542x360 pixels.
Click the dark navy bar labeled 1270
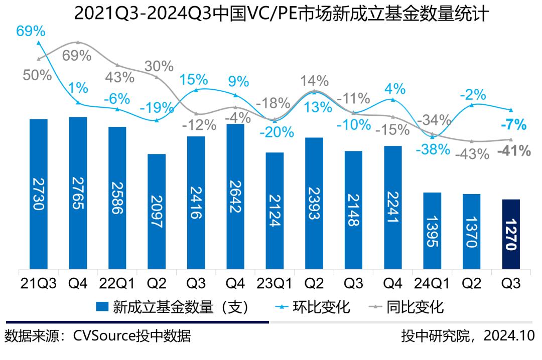click(x=510, y=234)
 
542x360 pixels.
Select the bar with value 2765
click(x=78, y=193)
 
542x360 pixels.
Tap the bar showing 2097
click(x=157, y=211)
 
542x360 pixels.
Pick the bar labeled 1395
click(x=432, y=231)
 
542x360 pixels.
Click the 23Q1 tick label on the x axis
click(x=275, y=283)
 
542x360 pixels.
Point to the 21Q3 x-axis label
click(x=39, y=283)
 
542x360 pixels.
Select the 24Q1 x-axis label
click(x=432, y=283)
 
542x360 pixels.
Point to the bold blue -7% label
click(x=512, y=124)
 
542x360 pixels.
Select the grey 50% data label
click(x=38, y=75)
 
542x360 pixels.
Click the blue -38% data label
click(x=433, y=149)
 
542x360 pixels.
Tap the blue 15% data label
click(x=194, y=79)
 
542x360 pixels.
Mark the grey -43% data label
click(x=472, y=154)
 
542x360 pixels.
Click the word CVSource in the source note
click(x=103, y=335)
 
